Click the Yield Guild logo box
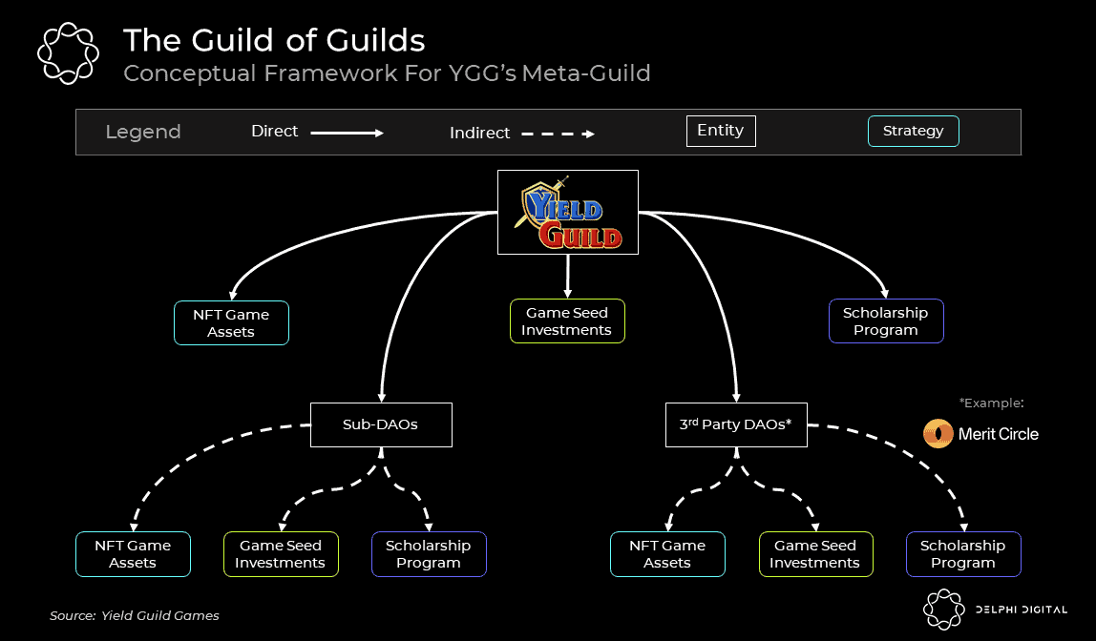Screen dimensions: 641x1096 (x=568, y=212)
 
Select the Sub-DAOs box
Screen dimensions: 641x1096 (x=381, y=424)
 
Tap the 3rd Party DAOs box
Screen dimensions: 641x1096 (x=736, y=424)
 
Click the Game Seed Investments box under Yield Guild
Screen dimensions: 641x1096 (x=567, y=321)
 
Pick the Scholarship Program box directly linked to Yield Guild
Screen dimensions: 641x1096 (x=886, y=321)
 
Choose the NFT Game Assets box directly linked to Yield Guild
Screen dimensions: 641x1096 (x=231, y=323)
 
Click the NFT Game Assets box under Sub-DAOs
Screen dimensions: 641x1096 (x=133, y=554)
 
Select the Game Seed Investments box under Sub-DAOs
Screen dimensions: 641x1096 (x=281, y=554)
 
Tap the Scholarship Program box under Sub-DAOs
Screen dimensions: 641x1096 (x=429, y=554)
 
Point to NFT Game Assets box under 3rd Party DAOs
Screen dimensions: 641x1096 (x=667, y=554)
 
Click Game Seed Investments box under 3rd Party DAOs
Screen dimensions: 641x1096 (x=815, y=554)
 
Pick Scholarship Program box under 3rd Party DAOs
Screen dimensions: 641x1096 (x=963, y=554)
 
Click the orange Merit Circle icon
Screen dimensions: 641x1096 (x=938, y=434)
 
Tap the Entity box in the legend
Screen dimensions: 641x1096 (x=721, y=131)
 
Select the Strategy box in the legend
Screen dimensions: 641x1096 (x=913, y=132)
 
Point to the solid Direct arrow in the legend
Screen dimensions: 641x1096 (x=347, y=134)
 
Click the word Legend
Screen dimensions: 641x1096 (x=143, y=133)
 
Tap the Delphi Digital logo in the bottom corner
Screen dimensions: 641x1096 (x=993, y=610)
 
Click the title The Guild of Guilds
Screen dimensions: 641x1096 (x=274, y=40)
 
